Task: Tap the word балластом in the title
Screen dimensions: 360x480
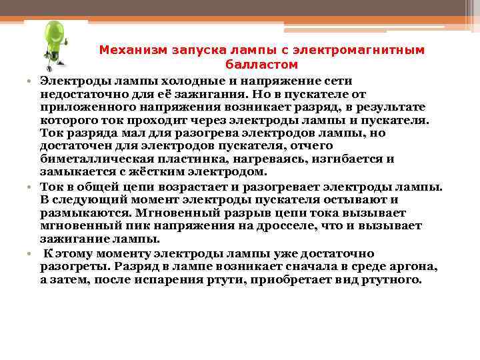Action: click(261, 65)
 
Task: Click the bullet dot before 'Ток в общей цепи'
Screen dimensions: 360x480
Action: click(31, 187)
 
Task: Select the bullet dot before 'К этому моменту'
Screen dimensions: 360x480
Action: click(31, 254)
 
